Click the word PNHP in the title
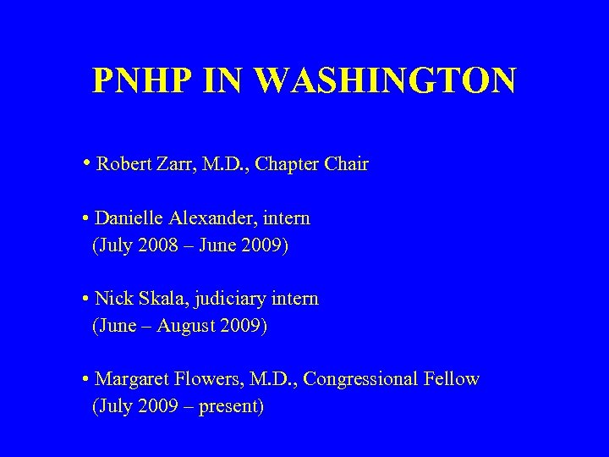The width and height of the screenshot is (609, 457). pos(134,80)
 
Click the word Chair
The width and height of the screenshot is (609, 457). pos(347,164)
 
